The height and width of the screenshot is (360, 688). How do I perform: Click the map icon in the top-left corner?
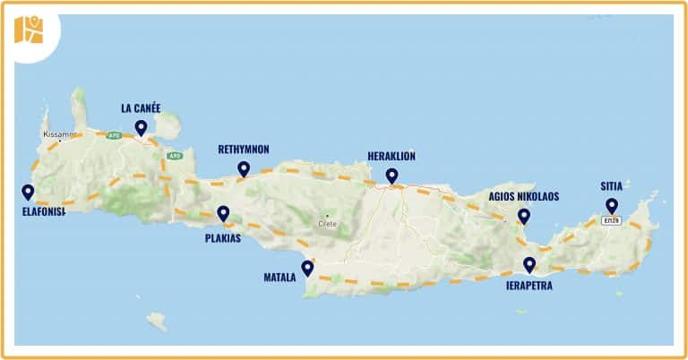[29, 30]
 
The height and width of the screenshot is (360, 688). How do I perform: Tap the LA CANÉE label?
[141, 108]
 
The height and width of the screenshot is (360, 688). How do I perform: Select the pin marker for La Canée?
[141, 127]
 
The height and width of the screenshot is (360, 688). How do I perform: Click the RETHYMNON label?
[244, 150]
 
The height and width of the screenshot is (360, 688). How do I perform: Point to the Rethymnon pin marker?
[244, 168]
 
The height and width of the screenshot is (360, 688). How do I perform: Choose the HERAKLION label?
[391, 156]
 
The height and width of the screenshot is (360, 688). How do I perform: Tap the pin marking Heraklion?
[391, 176]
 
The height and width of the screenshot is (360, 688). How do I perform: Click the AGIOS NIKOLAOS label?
[524, 196]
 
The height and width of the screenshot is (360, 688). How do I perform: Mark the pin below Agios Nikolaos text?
[524, 216]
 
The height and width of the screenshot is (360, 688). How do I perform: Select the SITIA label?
[612, 187]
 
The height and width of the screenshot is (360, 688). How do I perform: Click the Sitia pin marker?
[612, 205]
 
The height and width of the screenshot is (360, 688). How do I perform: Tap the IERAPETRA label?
[529, 286]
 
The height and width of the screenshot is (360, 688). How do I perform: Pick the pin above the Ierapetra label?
[529, 264]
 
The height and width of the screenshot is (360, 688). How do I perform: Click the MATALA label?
[279, 278]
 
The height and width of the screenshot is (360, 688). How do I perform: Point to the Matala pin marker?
[307, 267]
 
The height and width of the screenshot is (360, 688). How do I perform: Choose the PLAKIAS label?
[223, 238]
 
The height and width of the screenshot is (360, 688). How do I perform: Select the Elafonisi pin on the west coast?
[28, 192]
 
